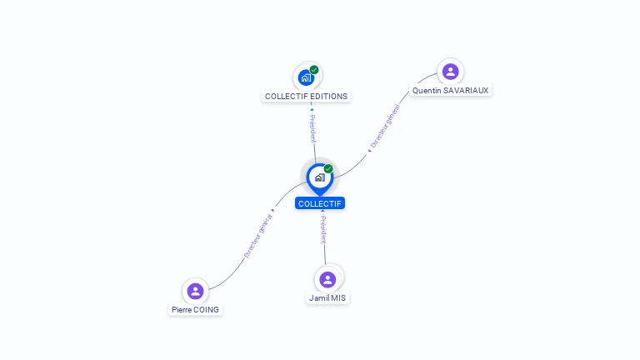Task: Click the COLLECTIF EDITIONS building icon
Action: (306, 77)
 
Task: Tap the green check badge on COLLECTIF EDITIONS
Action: (314, 70)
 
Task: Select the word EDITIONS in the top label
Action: (328, 96)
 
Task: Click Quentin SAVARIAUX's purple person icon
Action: (450, 72)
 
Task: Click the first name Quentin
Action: (426, 90)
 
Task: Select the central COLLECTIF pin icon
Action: (319, 177)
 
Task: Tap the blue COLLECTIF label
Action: (319, 203)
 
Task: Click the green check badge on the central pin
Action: (328, 169)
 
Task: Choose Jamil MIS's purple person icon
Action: (327, 279)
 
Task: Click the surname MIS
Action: (338, 297)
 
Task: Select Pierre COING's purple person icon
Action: (195, 291)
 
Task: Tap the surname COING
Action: (207, 309)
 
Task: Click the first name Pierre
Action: (182, 309)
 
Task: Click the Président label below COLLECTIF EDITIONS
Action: (312, 128)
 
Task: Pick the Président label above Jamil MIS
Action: (323, 228)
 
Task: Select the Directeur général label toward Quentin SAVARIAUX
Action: (385, 127)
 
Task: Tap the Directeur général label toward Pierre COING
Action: (258, 236)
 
